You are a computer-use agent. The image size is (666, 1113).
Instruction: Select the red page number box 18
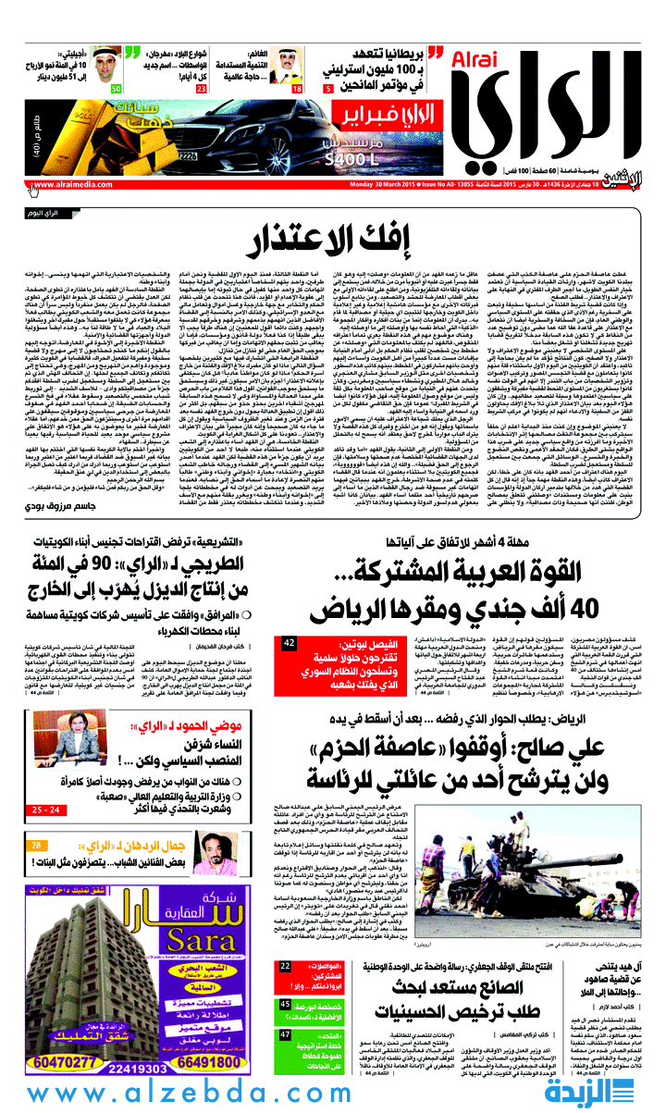(297, 89)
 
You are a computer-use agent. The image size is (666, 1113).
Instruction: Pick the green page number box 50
(117, 89)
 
